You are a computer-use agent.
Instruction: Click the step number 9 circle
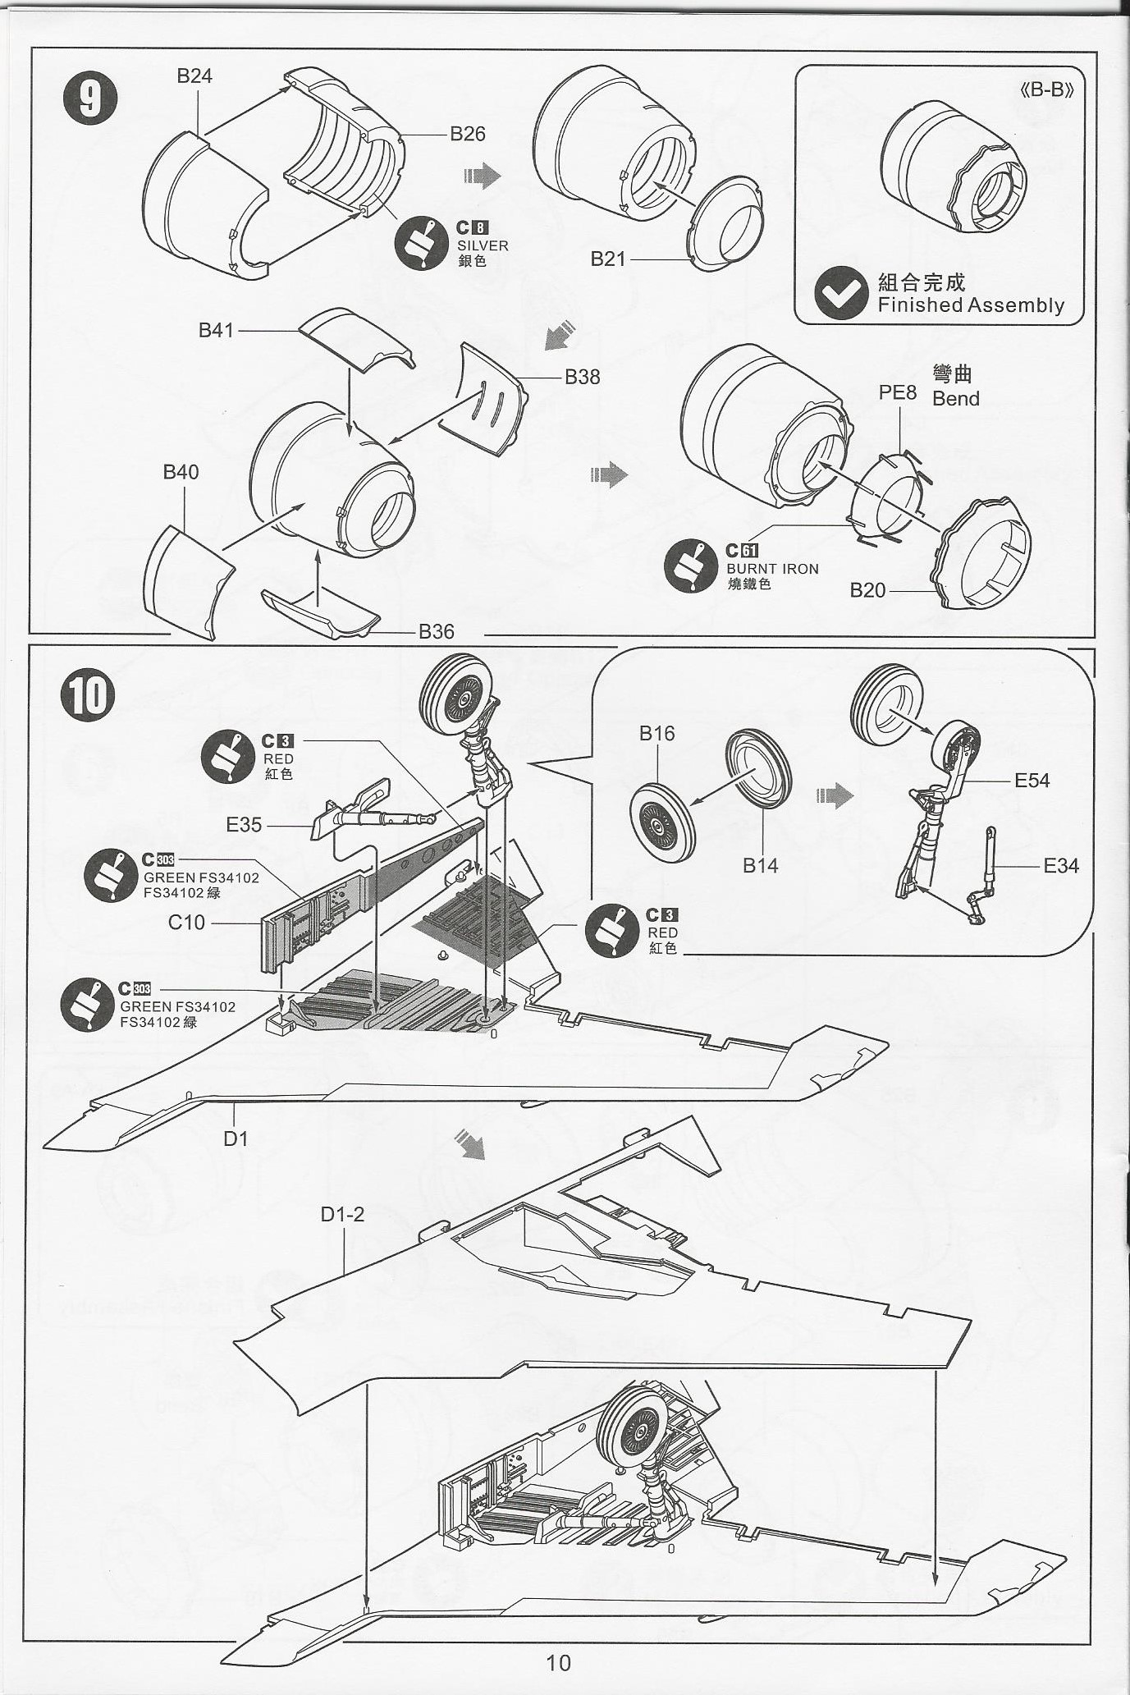pyautogui.click(x=90, y=98)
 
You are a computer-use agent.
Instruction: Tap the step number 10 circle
pyautogui.click(x=89, y=694)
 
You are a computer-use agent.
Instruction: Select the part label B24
pyautogui.click(x=194, y=76)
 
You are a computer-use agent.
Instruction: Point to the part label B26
pyautogui.click(x=468, y=134)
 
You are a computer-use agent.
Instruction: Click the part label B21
pyautogui.click(x=608, y=259)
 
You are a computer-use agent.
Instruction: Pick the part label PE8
pyautogui.click(x=897, y=392)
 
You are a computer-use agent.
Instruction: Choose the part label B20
pyautogui.click(x=867, y=590)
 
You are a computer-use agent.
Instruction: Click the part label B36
pyautogui.click(x=436, y=631)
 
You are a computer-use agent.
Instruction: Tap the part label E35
pyautogui.click(x=244, y=824)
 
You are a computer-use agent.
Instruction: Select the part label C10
pyautogui.click(x=186, y=923)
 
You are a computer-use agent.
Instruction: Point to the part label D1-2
pyautogui.click(x=342, y=1214)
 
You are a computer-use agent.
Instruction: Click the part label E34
pyautogui.click(x=1061, y=865)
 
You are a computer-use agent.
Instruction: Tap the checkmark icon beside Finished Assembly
pyautogui.click(x=840, y=294)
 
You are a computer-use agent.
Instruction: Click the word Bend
pyautogui.click(x=956, y=399)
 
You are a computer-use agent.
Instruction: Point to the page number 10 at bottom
pyautogui.click(x=558, y=1662)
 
